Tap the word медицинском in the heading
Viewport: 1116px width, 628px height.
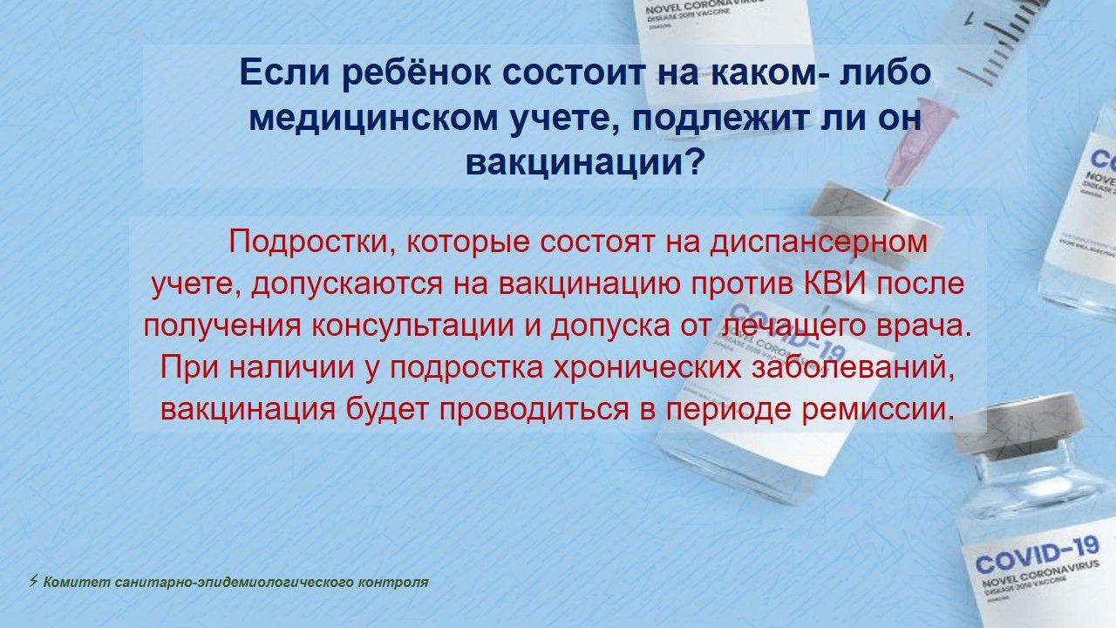point(372,119)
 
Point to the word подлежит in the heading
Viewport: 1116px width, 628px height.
point(720,119)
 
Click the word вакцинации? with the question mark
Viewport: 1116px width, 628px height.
point(584,163)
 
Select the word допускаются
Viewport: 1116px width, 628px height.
point(347,284)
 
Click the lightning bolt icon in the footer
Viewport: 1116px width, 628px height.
point(33,581)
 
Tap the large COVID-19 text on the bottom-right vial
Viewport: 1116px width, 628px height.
point(1037,554)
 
